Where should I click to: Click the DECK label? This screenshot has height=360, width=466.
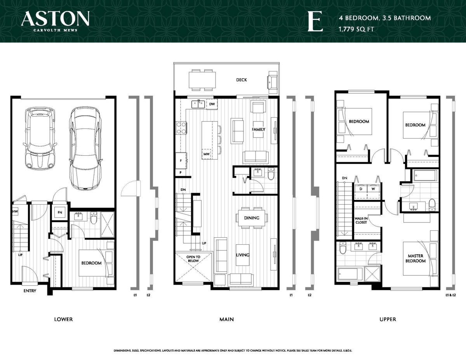click(x=242, y=80)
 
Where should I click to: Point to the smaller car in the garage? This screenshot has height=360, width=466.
click(x=40, y=138)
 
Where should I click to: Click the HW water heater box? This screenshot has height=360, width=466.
click(x=16, y=212)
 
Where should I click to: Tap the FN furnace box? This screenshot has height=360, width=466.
click(x=60, y=213)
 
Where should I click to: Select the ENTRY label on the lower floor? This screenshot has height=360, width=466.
click(x=30, y=291)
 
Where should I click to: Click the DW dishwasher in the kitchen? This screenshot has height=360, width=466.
click(x=212, y=104)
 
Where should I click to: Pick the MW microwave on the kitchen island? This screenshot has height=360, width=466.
click(x=206, y=154)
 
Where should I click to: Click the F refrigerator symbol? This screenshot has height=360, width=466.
click(x=181, y=160)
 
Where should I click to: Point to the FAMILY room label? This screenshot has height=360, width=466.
click(x=258, y=129)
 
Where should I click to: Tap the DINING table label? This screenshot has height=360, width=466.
click(x=252, y=218)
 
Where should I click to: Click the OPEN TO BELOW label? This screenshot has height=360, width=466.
click(x=193, y=259)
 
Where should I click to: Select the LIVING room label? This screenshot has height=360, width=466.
click(x=242, y=255)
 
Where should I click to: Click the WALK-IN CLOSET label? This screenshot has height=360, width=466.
click(x=361, y=221)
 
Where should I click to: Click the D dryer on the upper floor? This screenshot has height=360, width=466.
click(x=360, y=189)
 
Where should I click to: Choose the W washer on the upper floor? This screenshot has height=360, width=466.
click(x=373, y=189)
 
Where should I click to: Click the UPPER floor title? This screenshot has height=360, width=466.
click(x=388, y=319)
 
